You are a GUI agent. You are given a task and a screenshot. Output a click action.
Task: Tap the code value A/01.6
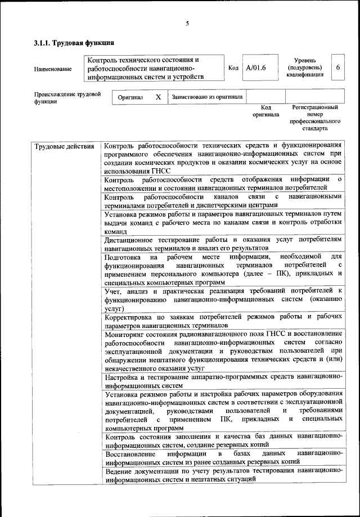click(255, 68)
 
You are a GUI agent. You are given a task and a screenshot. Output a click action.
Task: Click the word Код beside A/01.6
click(233, 68)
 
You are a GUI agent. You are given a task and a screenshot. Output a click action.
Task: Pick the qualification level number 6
click(337, 68)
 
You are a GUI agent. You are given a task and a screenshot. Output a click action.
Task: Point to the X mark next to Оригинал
click(158, 97)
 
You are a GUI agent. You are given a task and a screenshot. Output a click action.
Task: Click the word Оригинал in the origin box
click(130, 97)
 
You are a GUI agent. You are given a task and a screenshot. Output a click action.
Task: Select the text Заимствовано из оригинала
click(207, 97)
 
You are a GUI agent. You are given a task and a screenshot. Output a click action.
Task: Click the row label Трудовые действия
click(64, 147)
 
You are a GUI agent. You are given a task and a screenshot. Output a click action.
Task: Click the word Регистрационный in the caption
click(315, 107)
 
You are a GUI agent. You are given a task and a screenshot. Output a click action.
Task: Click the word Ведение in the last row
click(119, 470)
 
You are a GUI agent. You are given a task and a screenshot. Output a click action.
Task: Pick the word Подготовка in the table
click(123, 257)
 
